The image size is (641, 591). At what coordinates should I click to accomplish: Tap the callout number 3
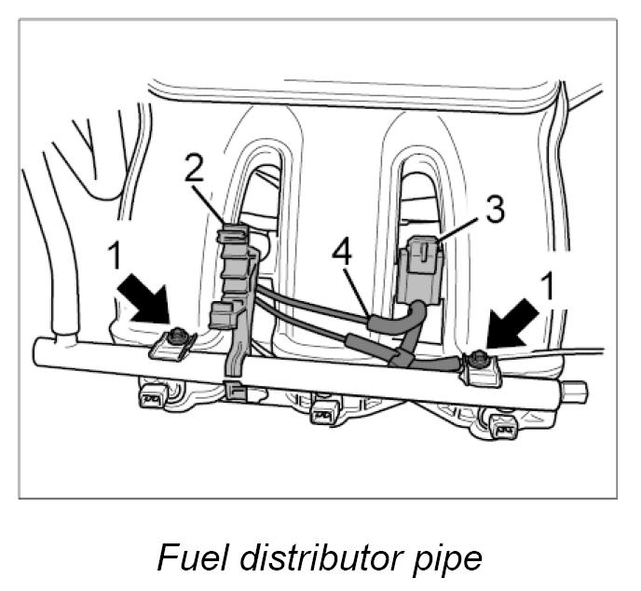tap(497, 211)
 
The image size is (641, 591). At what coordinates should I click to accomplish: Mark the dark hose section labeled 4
tap(396, 322)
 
